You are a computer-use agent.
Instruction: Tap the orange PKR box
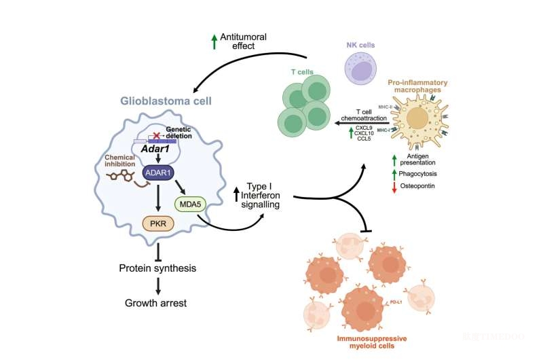pos(157,223)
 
